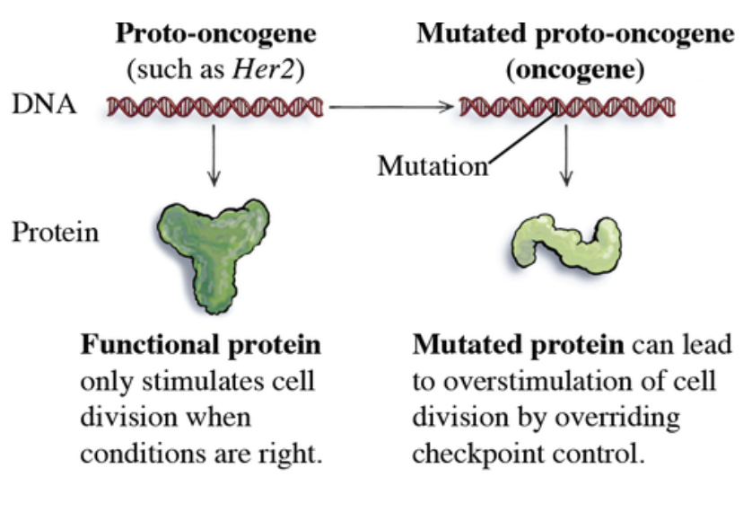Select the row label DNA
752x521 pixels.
click(x=45, y=106)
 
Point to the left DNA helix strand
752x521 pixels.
click(x=214, y=107)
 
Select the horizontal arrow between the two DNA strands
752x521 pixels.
click(x=389, y=108)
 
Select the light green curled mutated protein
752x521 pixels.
click(x=565, y=243)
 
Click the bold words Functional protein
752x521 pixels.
click(x=201, y=346)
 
